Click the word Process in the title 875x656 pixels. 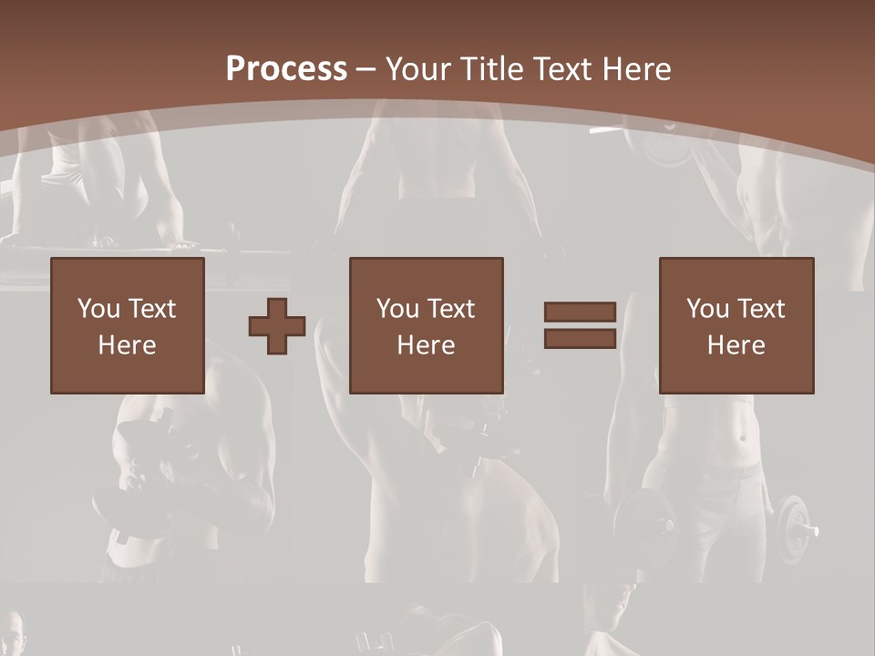tap(286, 69)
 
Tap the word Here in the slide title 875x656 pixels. tap(635, 69)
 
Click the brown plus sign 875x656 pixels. tap(277, 325)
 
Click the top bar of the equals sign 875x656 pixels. tap(580, 312)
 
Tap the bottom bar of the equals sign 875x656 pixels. tap(580, 339)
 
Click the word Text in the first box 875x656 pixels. tap(151, 309)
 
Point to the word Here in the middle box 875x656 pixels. tap(427, 345)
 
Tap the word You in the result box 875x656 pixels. tap(708, 309)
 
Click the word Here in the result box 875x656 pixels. tap(736, 345)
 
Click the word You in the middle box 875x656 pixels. tap(398, 309)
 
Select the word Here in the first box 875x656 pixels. tap(128, 345)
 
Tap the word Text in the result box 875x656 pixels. tap(760, 309)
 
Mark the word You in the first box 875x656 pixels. tap(99, 309)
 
